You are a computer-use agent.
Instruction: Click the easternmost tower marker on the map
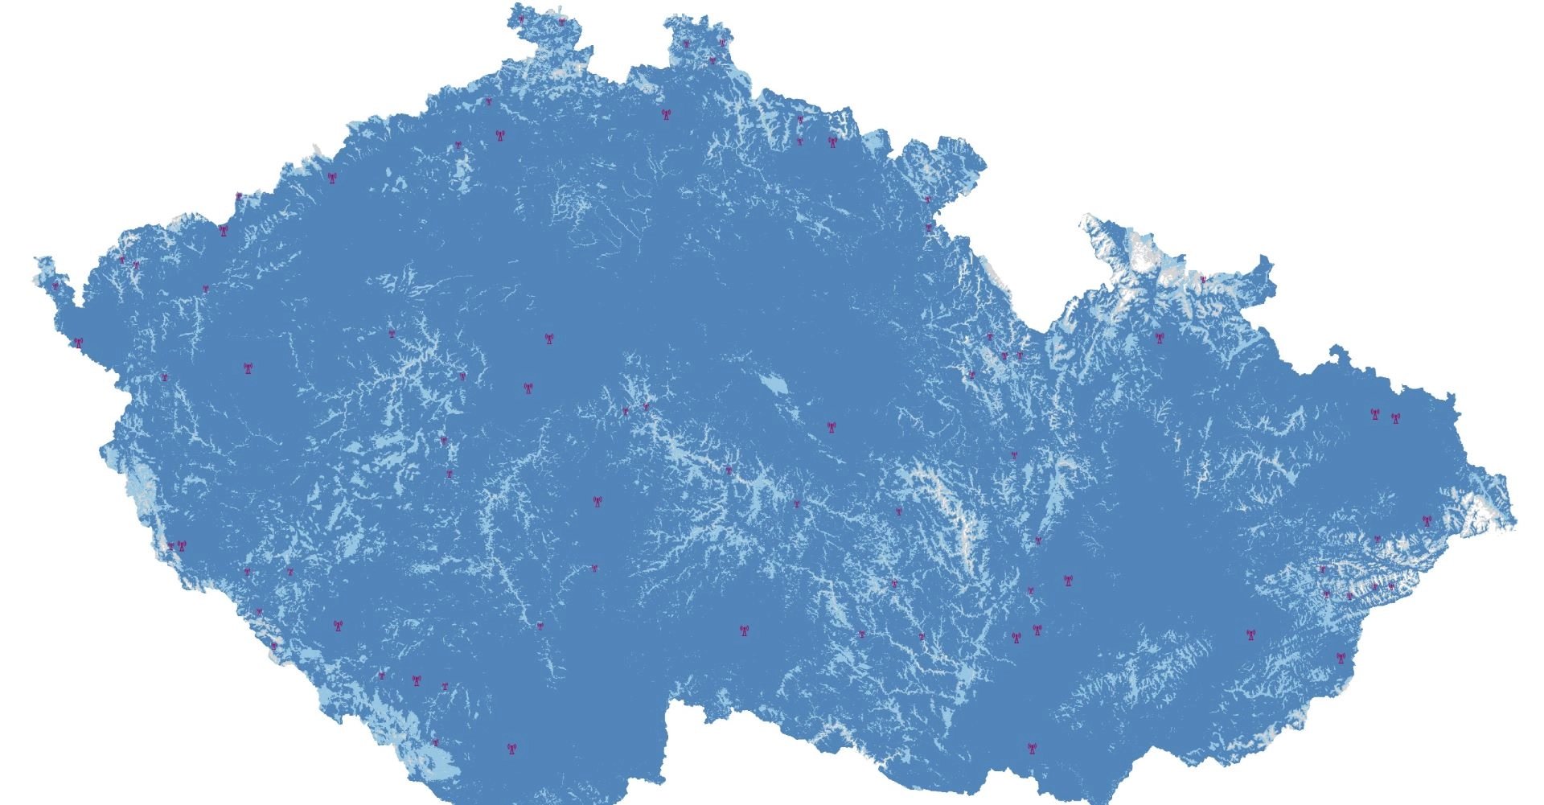point(1427,520)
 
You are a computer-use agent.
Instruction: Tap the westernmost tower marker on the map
point(55,285)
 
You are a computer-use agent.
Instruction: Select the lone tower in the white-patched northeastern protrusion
point(1203,280)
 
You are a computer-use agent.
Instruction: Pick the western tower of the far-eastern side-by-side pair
point(1374,415)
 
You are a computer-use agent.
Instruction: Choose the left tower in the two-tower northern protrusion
point(521,18)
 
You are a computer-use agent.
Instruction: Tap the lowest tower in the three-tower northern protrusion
point(712,60)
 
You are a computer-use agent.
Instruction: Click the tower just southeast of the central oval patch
point(832,427)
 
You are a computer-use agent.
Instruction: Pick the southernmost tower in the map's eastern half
point(1031,748)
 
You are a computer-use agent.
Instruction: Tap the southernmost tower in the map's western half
point(510,748)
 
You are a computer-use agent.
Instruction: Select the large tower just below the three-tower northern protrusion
point(666,114)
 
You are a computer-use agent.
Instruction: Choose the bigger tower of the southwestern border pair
point(181,546)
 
